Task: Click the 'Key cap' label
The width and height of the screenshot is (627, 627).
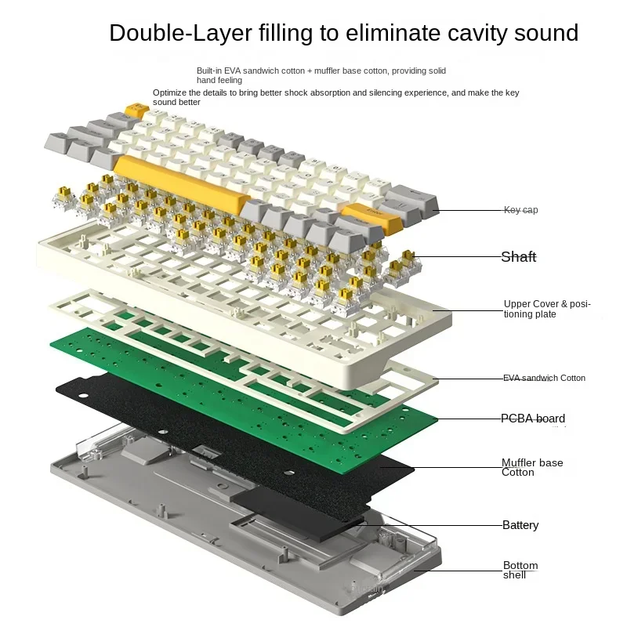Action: pos(520,210)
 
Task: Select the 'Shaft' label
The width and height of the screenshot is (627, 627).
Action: pos(519,256)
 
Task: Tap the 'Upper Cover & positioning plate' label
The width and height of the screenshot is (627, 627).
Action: pos(547,309)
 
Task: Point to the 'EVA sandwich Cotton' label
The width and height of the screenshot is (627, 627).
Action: pos(544,378)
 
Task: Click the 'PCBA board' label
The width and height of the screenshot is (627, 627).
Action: pos(533,419)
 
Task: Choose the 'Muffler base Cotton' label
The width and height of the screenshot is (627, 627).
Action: pos(532,467)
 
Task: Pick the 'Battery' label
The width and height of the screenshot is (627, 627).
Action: pos(520,525)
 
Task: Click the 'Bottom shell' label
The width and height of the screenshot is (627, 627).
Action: pos(520,570)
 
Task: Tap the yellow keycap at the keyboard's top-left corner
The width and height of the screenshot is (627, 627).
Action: pos(138,110)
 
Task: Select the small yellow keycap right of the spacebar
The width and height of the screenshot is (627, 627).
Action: pos(372,216)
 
